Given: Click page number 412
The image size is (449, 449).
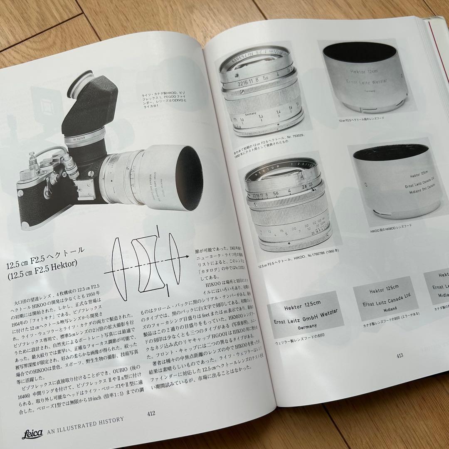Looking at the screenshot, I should pyautogui.click(x=151, y=413).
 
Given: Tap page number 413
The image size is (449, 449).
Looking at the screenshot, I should pyautogui.click(x=400, y=355).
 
